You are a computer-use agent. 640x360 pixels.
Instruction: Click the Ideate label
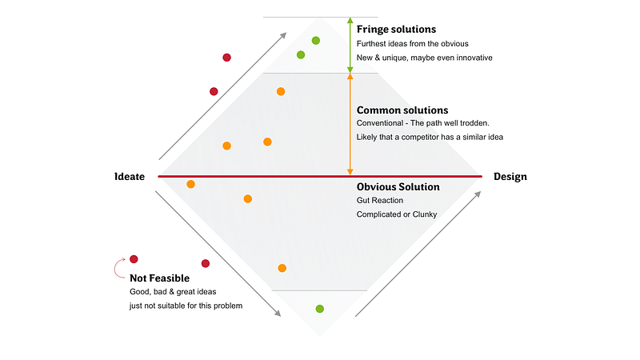[x=130, y=176]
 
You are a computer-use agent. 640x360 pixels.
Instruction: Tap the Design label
[x=510, y=176]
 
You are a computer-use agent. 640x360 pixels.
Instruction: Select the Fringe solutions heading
[x=396, y=30]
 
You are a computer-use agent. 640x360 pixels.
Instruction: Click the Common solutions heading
[x=402, y=110]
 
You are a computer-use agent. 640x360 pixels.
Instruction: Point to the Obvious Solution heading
[x=398, y=186]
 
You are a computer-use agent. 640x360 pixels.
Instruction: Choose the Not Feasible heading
[x=159, y=278]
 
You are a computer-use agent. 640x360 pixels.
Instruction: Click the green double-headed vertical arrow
[x=349, y=45]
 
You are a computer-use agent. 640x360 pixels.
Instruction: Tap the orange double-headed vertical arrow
[x=349, y=124]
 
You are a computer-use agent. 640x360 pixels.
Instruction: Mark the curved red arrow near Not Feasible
[x=119, y=266]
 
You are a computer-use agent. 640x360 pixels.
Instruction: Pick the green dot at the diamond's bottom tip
[x=319, y=308]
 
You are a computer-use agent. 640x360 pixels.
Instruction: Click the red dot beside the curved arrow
[x=134, y=258]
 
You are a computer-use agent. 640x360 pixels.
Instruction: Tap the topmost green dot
[x=316, y=40]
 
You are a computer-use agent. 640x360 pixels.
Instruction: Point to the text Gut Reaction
[x=380, y=200]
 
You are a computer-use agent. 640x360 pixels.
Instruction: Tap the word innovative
[x=473, y=58]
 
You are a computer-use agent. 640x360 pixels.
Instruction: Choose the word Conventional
[x=382, y=123]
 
